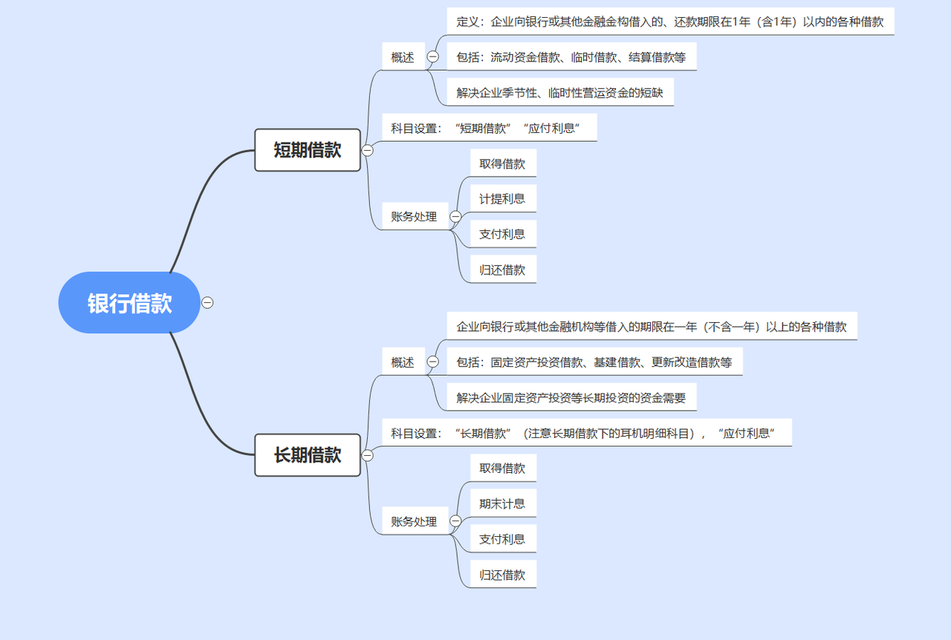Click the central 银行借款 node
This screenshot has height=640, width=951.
[129, 303]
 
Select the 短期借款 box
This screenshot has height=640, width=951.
[308, 150]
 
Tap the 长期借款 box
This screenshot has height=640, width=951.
[308, 455]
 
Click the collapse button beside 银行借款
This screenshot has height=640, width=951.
[208, 303]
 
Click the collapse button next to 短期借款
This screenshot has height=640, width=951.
[367, 150]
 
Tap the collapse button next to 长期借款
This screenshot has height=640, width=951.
[367, 455]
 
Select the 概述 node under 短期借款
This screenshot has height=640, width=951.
[403, 57]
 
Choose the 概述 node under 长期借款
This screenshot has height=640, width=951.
[403, 362]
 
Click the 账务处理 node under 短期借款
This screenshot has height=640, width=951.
[415, 217]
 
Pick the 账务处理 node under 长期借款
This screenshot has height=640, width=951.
[415, 521]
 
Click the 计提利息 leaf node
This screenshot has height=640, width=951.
[502, 198]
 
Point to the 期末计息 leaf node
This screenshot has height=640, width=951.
[502, 503]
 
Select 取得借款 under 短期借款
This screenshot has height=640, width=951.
[502, 163]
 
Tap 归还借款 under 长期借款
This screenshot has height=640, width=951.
[502, 575]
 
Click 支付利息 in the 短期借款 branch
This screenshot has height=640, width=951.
[502, 234]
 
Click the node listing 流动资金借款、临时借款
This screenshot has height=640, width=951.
[571, 57]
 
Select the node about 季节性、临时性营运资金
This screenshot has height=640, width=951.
[559, 93]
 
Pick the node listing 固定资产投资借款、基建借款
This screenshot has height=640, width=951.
[594, 362]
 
